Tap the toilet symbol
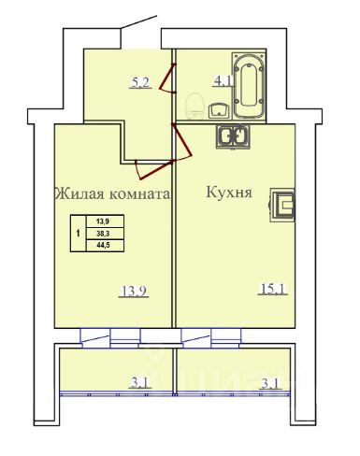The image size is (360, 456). pyautogui.click(x=195, y=106)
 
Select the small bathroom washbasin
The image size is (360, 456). pyautogui.click(x=219, y=110)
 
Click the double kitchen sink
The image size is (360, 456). pyautogui.click(x=233, y=136)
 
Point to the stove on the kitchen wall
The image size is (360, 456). pyautogui.click(x=282, y=205)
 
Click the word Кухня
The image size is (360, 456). pyautogui.click(x=229, y=192)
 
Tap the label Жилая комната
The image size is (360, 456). pyautogui.click(x=112, y=194)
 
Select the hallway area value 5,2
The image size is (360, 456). pyautogui.click(x=140, y=83)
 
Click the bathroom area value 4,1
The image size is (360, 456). pyautogui.click(x=223, y=81)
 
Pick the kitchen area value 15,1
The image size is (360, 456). pyautogui.click(x=272, y=289)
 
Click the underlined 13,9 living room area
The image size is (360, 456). pyautogui.click(x=134, y=292)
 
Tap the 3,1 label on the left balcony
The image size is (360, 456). pyautogui.click(x=140, y=382)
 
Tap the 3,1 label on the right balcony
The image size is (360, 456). pyautogui.click(x=271, y=383)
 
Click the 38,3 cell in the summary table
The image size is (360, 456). pyautogui.click(x=105, y=234)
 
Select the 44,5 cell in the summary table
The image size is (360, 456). pyautogui.click(x=105, y=246)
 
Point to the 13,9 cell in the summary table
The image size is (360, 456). pyautogui.click(x=105, y=221)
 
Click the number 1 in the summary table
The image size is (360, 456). pyautogui.click(x=78, y=233)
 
